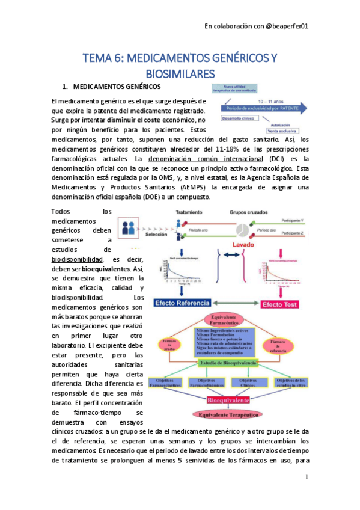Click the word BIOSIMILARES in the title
pos(179,73)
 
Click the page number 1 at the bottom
pos(306,477)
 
